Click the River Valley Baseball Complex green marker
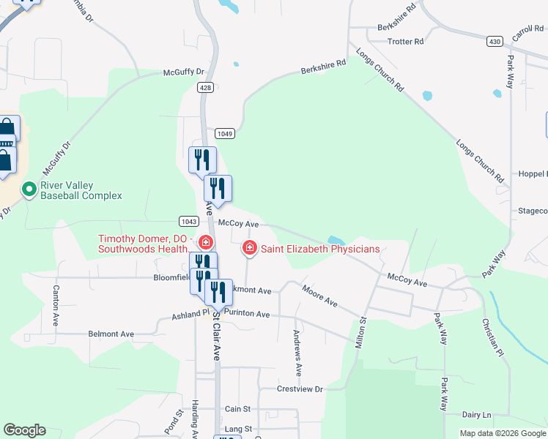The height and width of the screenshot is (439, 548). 29,190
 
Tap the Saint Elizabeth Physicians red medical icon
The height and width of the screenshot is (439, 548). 250,249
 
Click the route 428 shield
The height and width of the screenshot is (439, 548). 205,87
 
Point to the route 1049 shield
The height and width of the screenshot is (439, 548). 224,133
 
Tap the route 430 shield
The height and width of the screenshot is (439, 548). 495,42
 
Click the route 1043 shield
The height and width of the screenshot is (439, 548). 188,221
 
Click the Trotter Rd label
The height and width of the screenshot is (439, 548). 405,42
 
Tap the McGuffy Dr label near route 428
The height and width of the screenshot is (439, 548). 183,72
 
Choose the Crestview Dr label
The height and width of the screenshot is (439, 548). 300,389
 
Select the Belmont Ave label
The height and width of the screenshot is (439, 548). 111,334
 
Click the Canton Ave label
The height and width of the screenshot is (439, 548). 55,306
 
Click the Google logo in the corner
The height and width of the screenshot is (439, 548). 24,430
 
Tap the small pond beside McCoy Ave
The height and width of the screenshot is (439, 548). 336,240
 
